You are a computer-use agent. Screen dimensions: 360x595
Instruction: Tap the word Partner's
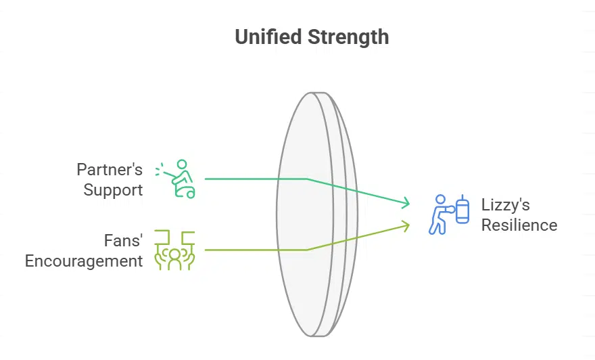110,169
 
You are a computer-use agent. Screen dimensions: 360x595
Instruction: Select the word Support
113,189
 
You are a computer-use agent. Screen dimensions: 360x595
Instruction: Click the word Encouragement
84,261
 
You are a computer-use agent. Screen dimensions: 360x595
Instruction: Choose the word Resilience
519,225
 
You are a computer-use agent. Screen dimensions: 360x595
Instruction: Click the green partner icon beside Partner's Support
176,179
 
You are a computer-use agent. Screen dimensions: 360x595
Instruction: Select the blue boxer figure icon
439,215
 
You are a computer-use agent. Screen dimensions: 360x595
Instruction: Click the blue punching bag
462,210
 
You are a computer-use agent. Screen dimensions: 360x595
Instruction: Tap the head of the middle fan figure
174,253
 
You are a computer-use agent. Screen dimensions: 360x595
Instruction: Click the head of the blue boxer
441,200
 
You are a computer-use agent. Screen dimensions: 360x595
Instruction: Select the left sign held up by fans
161,237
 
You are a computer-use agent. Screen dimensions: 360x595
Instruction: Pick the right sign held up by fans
188,237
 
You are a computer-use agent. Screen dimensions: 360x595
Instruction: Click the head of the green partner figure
181,164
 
